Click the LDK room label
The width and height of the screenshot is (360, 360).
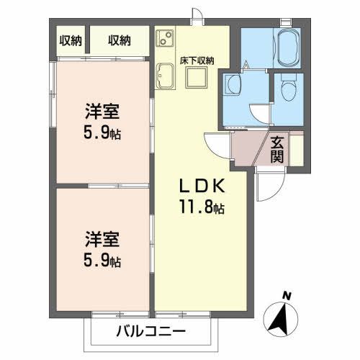pyautogui.click(x=203, y=185)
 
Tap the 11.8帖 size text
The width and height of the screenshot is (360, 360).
pyautogui.click(x=203, y=208)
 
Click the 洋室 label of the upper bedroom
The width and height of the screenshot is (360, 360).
pyautogui.click(x=101, y=112)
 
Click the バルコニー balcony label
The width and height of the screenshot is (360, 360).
pyautogui.click(x=151, y=332)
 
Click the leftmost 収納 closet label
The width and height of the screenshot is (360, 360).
pyautogui.click(x=71, y=40)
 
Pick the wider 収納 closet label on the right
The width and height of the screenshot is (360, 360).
pyautogui.click(x=120, y=40)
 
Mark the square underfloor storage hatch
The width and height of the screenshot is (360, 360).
pyautogui.click(x=197, y=78)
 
